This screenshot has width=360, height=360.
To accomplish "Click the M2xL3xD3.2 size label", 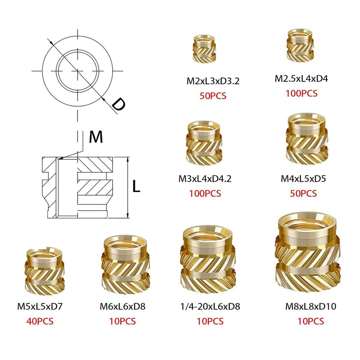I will tap(213, 81).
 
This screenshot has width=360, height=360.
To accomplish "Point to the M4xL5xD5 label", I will tap(303, 178).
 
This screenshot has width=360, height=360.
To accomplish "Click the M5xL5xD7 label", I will tap(40, 307).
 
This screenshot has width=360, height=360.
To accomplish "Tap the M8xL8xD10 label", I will tap(310, 307).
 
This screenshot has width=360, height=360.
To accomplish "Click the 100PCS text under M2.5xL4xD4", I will tap(302, 93).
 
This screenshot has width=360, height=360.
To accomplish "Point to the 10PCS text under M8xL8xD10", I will tap(310, 321).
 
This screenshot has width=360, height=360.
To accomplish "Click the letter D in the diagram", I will tap(117, 104).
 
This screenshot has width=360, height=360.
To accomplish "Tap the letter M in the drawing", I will tap(96, 137).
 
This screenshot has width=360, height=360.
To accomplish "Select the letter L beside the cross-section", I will tap(136, 186).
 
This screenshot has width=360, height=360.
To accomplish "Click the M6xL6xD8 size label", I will tap(123, 307).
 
